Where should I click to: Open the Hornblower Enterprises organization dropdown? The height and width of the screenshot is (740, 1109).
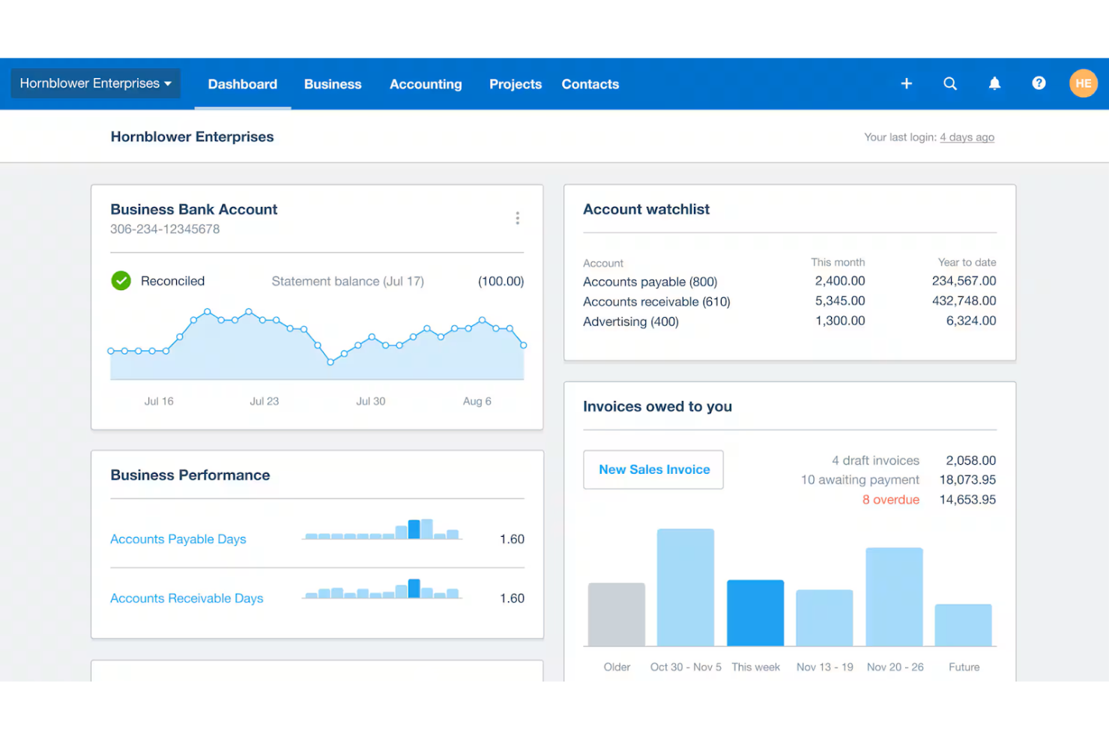click(x=95, y=83)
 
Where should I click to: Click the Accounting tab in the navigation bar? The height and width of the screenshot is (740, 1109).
click(x=426, y=84)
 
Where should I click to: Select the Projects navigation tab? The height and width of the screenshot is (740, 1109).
click(x=515, y=84)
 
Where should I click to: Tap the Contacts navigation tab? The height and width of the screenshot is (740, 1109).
click(x=590, y=84)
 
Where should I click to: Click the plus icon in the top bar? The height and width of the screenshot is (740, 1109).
click(x=906, y=83)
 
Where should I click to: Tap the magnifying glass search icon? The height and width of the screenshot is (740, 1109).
click(x=949, y=83)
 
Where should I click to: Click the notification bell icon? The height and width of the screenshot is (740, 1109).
click(x=994, y=83)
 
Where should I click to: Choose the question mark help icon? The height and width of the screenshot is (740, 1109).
click(x=1039, y=83)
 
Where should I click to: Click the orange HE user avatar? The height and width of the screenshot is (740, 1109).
click(x=1083, y=83)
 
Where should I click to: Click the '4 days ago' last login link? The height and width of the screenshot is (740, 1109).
click(x=967, y=137)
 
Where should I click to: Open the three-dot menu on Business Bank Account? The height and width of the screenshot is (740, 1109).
click(x=517, y=218)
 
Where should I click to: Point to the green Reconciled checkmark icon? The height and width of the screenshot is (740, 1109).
click(x=121, y=281)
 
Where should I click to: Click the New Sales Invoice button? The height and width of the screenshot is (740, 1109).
click(x=653, y=469)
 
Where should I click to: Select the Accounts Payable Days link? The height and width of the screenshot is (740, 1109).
click(x=178, y=539)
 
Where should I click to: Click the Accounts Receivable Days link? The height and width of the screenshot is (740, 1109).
click(x=187, y=598)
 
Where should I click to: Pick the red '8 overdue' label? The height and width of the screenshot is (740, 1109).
click(x=890, y=499)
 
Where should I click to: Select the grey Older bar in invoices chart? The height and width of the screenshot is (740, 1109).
click(x=616, y=614)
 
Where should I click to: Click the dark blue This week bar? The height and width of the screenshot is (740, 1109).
click(x=755, y=613)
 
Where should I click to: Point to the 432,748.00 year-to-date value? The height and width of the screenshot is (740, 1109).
click(x=964, y=301)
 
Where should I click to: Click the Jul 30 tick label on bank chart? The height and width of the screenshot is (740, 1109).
click(x=370, y=401)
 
